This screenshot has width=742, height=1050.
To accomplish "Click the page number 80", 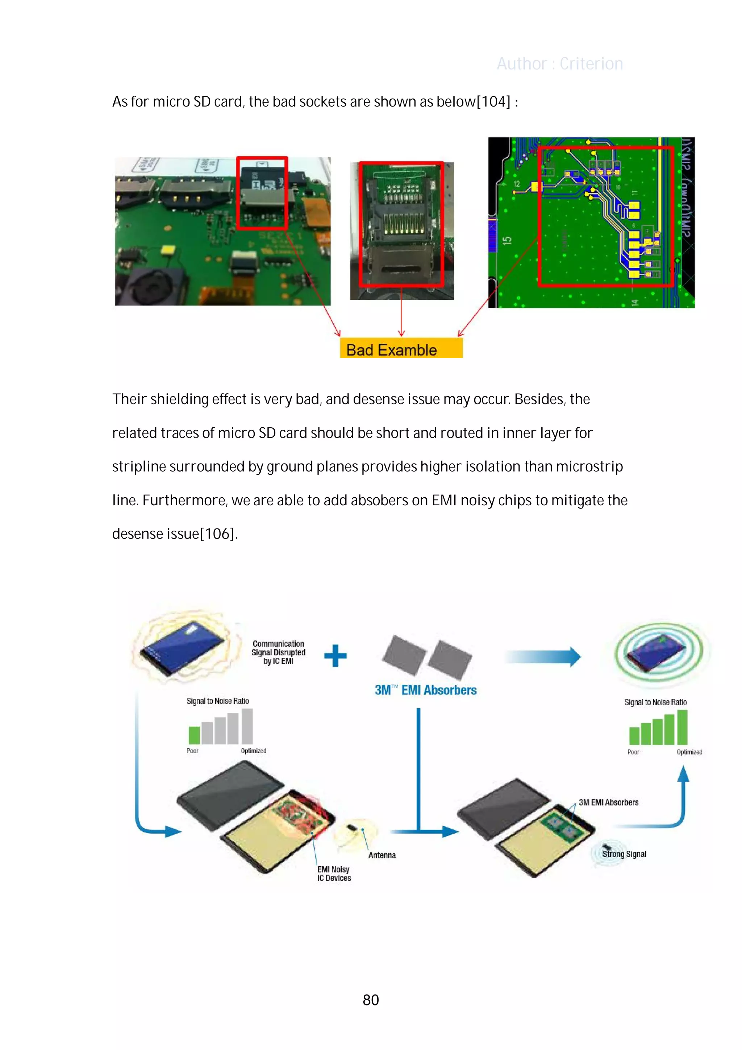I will tap(370, 1000).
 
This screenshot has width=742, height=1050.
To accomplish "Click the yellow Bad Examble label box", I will tap(401, 349).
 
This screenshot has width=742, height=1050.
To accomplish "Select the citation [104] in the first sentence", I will tap(493, 101).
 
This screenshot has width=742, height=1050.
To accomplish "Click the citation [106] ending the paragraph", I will tap(218, 534).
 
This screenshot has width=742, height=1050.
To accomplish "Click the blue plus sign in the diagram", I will tap(335, 655).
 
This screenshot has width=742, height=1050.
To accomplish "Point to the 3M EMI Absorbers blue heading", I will tap(425, 690).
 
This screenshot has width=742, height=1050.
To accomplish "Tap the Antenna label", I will tap(382, 855).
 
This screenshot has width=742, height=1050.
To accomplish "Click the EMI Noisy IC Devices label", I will tap(334, 873).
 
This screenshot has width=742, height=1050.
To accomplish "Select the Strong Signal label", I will tap(624, 854).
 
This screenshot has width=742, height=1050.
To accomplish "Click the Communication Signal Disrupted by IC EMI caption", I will tap(278, 652).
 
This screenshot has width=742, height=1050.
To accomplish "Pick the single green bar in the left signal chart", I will tap(194, 735).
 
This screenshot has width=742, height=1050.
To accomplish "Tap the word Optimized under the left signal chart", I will tap(253, 751).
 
